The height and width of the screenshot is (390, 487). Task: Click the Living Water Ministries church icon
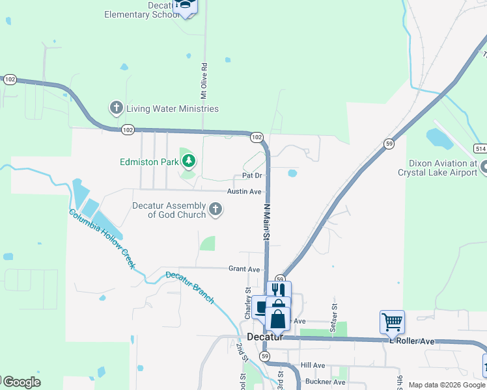117,108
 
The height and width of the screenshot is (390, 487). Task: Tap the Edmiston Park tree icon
189,161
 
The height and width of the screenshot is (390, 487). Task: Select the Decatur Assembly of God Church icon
216,209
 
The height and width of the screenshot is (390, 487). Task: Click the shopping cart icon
392,321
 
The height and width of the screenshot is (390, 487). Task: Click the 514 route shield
480,148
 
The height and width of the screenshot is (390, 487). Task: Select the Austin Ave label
244,192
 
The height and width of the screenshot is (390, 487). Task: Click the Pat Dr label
252,175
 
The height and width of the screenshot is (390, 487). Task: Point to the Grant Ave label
244,269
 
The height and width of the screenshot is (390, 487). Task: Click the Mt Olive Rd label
204,81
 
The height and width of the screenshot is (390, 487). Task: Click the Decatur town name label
264,337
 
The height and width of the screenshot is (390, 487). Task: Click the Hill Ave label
313,365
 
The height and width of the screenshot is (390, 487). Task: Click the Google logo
21,382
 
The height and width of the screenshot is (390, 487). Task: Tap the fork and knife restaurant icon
278,289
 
